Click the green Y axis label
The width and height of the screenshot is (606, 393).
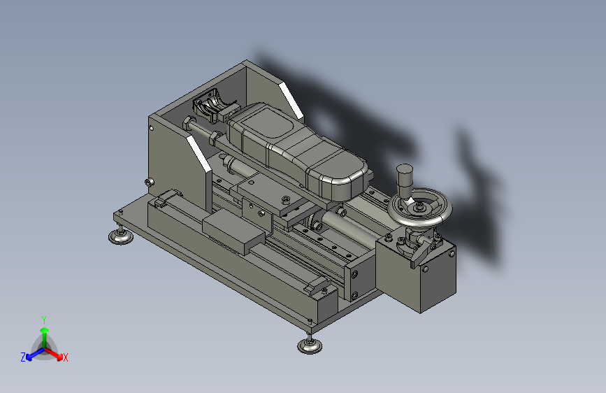point(44,320)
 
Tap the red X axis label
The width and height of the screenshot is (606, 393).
point(65,357)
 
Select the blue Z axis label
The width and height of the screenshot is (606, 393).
point(23,357)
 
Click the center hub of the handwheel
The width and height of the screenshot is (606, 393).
point(419,208)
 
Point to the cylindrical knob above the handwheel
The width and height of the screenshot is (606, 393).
point(405,180)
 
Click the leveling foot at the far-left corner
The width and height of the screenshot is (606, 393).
point(121,236)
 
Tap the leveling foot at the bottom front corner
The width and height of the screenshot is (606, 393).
point(309,345)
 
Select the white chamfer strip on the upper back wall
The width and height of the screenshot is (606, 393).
point(291,101)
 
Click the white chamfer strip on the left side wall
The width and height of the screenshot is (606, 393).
point(199,154)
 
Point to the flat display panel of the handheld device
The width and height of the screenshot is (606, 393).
point(268,124)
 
